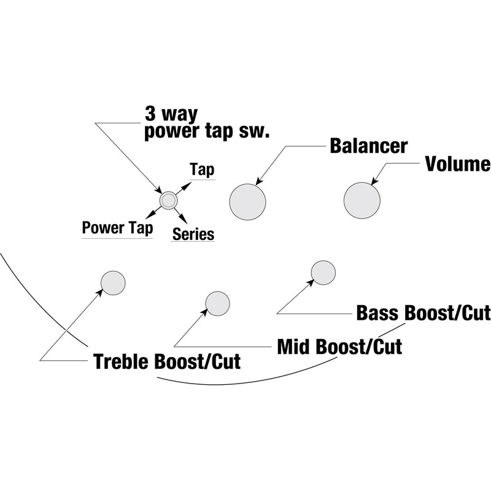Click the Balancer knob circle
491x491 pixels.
[x=248, y=201]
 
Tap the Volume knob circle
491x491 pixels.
[x=363, y=201]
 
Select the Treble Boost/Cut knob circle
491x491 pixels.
[x=113, y=282]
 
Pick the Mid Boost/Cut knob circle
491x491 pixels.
[x=217, y=303]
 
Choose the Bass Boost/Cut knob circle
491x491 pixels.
[x=323, y=273]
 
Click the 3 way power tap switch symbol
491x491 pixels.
[x=168, y=200]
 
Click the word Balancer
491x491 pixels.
[x=368, y=146]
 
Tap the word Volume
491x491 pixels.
[x=457, y=164]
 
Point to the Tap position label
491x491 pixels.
[x=203, y=169]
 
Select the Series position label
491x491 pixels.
[x=193, y=234]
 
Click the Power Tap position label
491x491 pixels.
[x=117, y=228]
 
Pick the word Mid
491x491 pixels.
[x=293, y=347]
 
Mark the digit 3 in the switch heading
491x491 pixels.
[x=151, y=114]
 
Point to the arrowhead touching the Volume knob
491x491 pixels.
[x=374, y=181]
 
